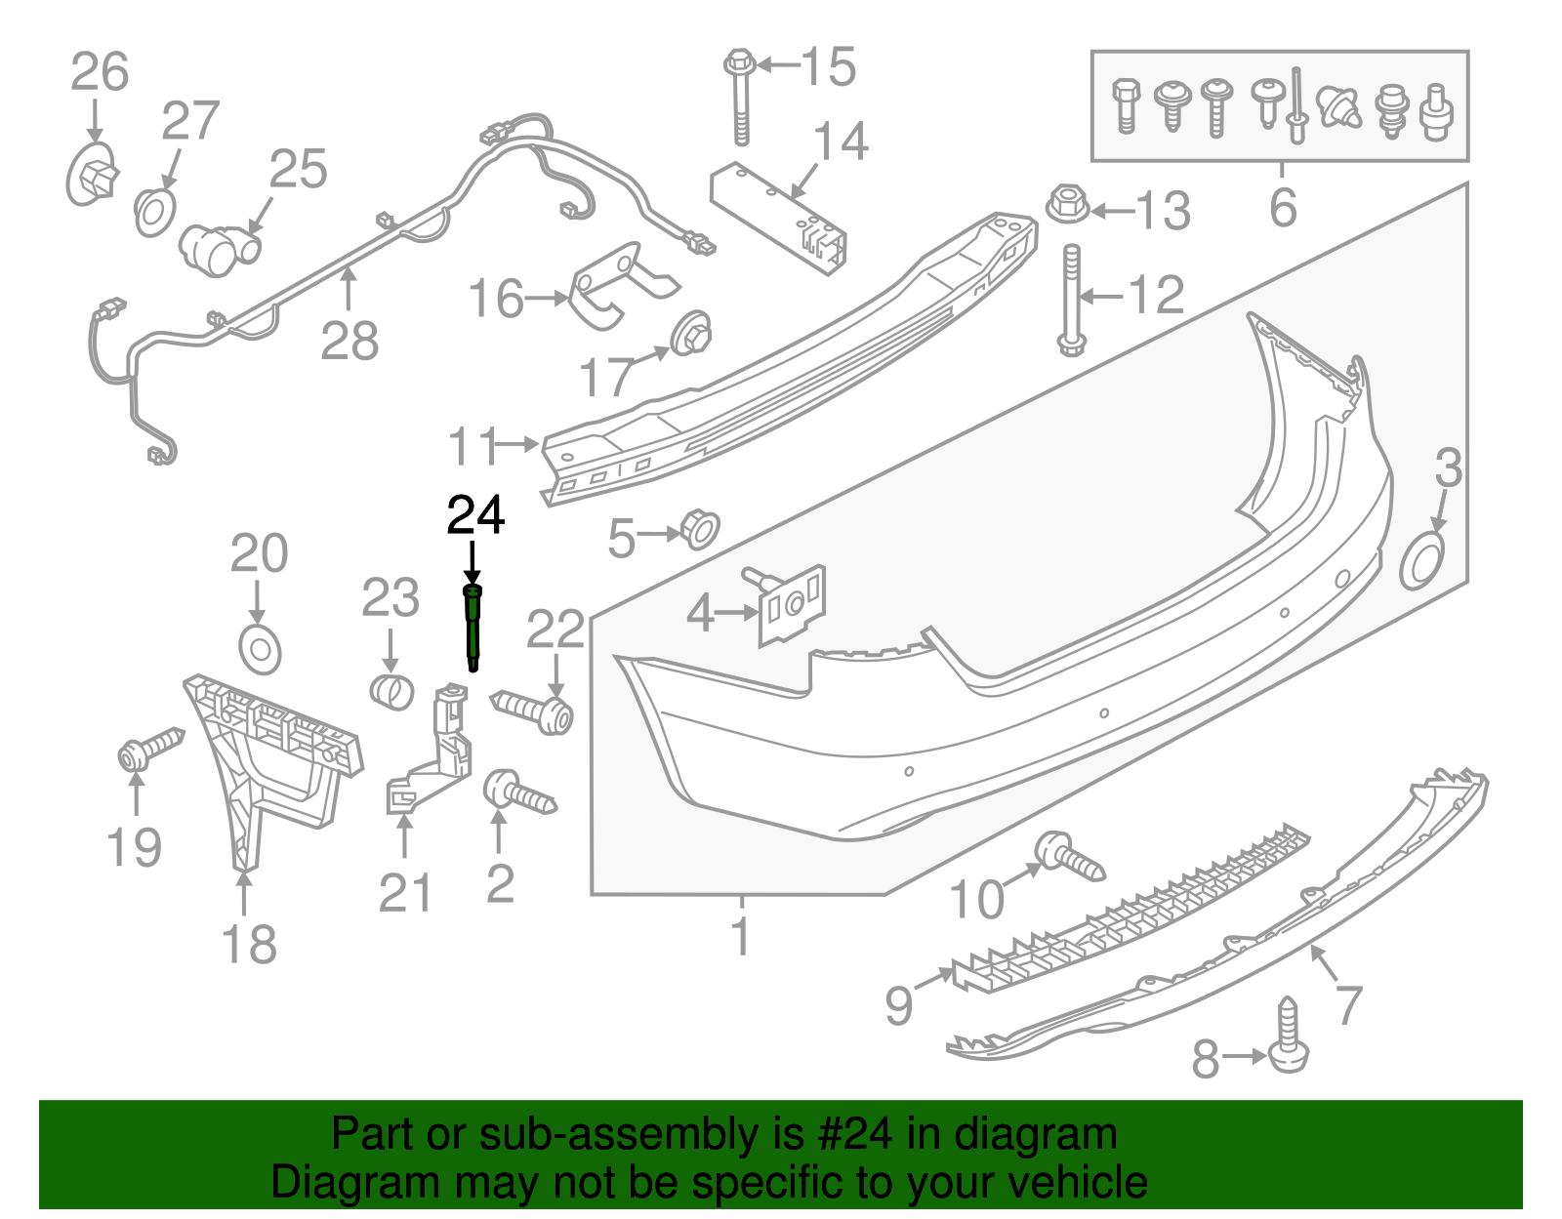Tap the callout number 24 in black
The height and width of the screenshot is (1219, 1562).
[x=475, y=515]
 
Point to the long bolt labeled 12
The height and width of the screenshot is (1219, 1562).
[x=1071, y=298]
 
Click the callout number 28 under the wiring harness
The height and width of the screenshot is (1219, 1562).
[x=349, y=343]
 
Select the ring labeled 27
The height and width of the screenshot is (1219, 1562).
[x=154, y=212]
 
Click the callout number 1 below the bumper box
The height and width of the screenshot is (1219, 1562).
[x=742, y=935]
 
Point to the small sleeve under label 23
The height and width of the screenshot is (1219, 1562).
[x=392, y=691]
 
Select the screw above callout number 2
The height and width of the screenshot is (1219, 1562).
[x=518, y=792]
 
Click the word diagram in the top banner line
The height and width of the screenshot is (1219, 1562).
[x=1058, y=1135]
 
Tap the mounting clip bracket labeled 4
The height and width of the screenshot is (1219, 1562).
[x=793, y=606]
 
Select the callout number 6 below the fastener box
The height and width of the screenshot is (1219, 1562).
[x=1282, y=208]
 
